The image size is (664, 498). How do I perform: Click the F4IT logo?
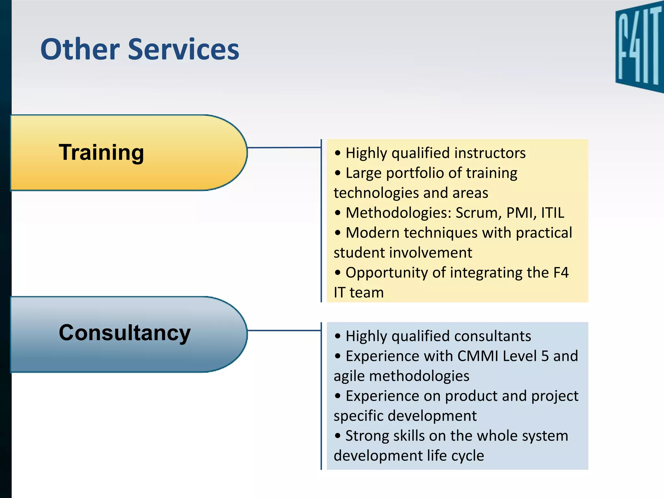coord(639,47)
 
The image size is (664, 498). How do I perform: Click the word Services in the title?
coord(184,50)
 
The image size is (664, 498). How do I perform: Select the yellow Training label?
coord(101,152)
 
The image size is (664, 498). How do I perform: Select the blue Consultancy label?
coord(124,333)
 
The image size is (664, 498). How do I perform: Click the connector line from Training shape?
coord(284,148)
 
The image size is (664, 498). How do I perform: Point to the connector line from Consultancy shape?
coord(284,330)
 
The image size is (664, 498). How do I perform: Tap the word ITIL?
coord(552,213)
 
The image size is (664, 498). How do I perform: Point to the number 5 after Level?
coord(545,356)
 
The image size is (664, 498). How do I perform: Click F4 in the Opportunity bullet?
coord(561,273)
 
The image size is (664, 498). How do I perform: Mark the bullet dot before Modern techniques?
coord(338,233)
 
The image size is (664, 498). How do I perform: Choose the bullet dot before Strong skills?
coord(338,436)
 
